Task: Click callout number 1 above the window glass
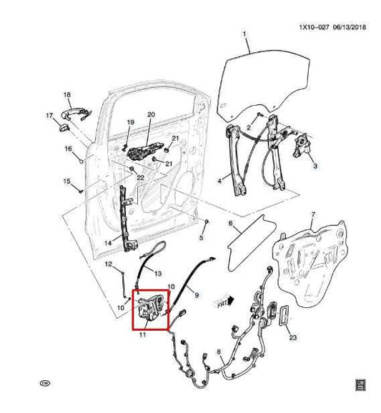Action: (x=244, y=34)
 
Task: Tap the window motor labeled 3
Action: (x=305, y=149)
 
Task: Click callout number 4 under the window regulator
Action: (x=219, y=183)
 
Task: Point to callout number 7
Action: (x=312, y=215)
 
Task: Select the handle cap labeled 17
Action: (x=62, y=126)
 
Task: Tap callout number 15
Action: (x=67, y=181)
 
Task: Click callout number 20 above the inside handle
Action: (x=151, y=114)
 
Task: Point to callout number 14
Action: (x=107, y=243)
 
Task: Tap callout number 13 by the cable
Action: (x=158, y=273)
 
